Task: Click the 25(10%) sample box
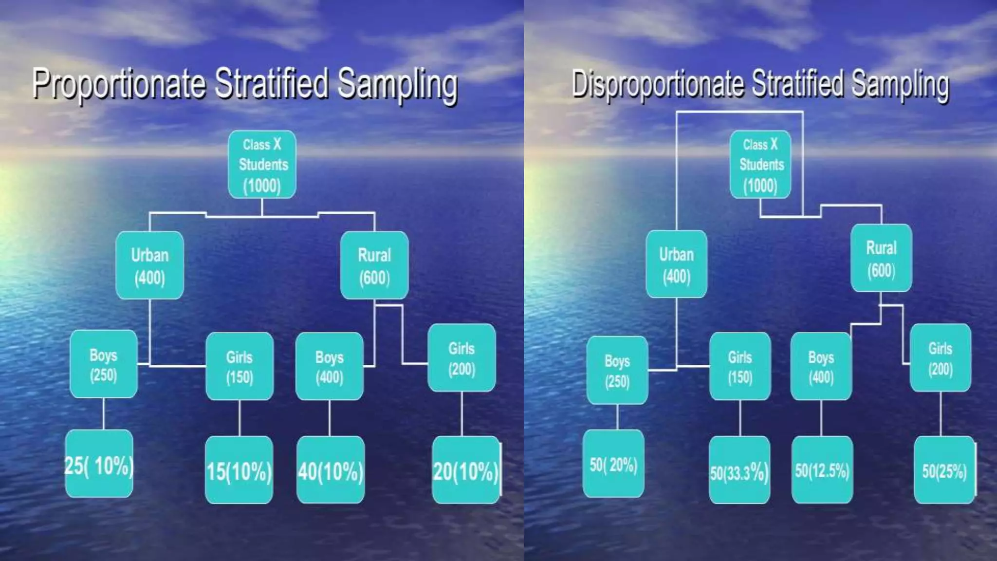[99, 464]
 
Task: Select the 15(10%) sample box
[239, 470]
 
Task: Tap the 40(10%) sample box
[331, 470]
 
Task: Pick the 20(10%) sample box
[466, 470]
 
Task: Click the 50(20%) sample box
[613, 464]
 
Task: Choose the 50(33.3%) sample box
[739, 470]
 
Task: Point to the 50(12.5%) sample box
[822, 470]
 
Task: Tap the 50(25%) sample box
[944, 470]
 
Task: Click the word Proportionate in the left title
[119, 84]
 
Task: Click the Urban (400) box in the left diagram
[150, 265]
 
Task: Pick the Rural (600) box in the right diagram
[881, 258]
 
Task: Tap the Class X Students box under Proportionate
[262, 165]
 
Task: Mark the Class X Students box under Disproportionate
[760, 165]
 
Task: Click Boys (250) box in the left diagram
[104, 364]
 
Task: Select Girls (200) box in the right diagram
[941, 358]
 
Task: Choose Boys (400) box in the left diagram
[330, 366]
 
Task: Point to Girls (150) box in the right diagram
[740, 366]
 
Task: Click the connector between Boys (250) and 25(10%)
[104, 413]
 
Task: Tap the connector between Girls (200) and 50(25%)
[941, 413]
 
